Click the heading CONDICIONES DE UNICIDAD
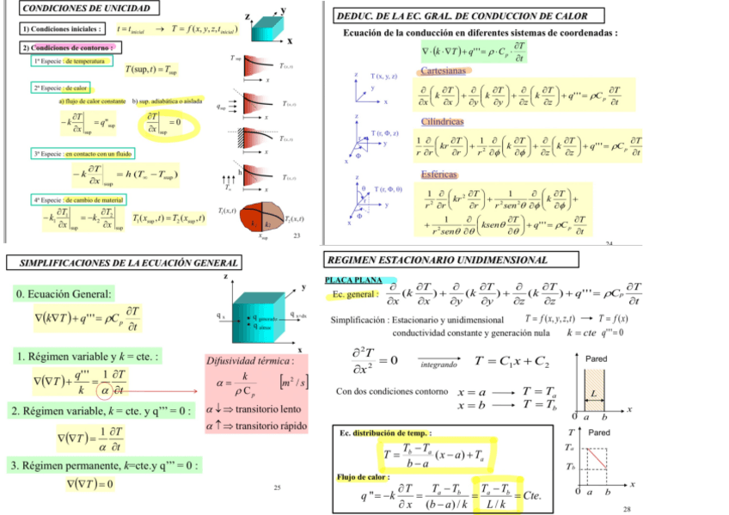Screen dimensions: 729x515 pyautogui.click(x=77, y=9)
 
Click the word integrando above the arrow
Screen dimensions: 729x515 pyautogui.click(x=438, y=365)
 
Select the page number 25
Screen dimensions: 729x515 pyautogui.click(x=278, y=487)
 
